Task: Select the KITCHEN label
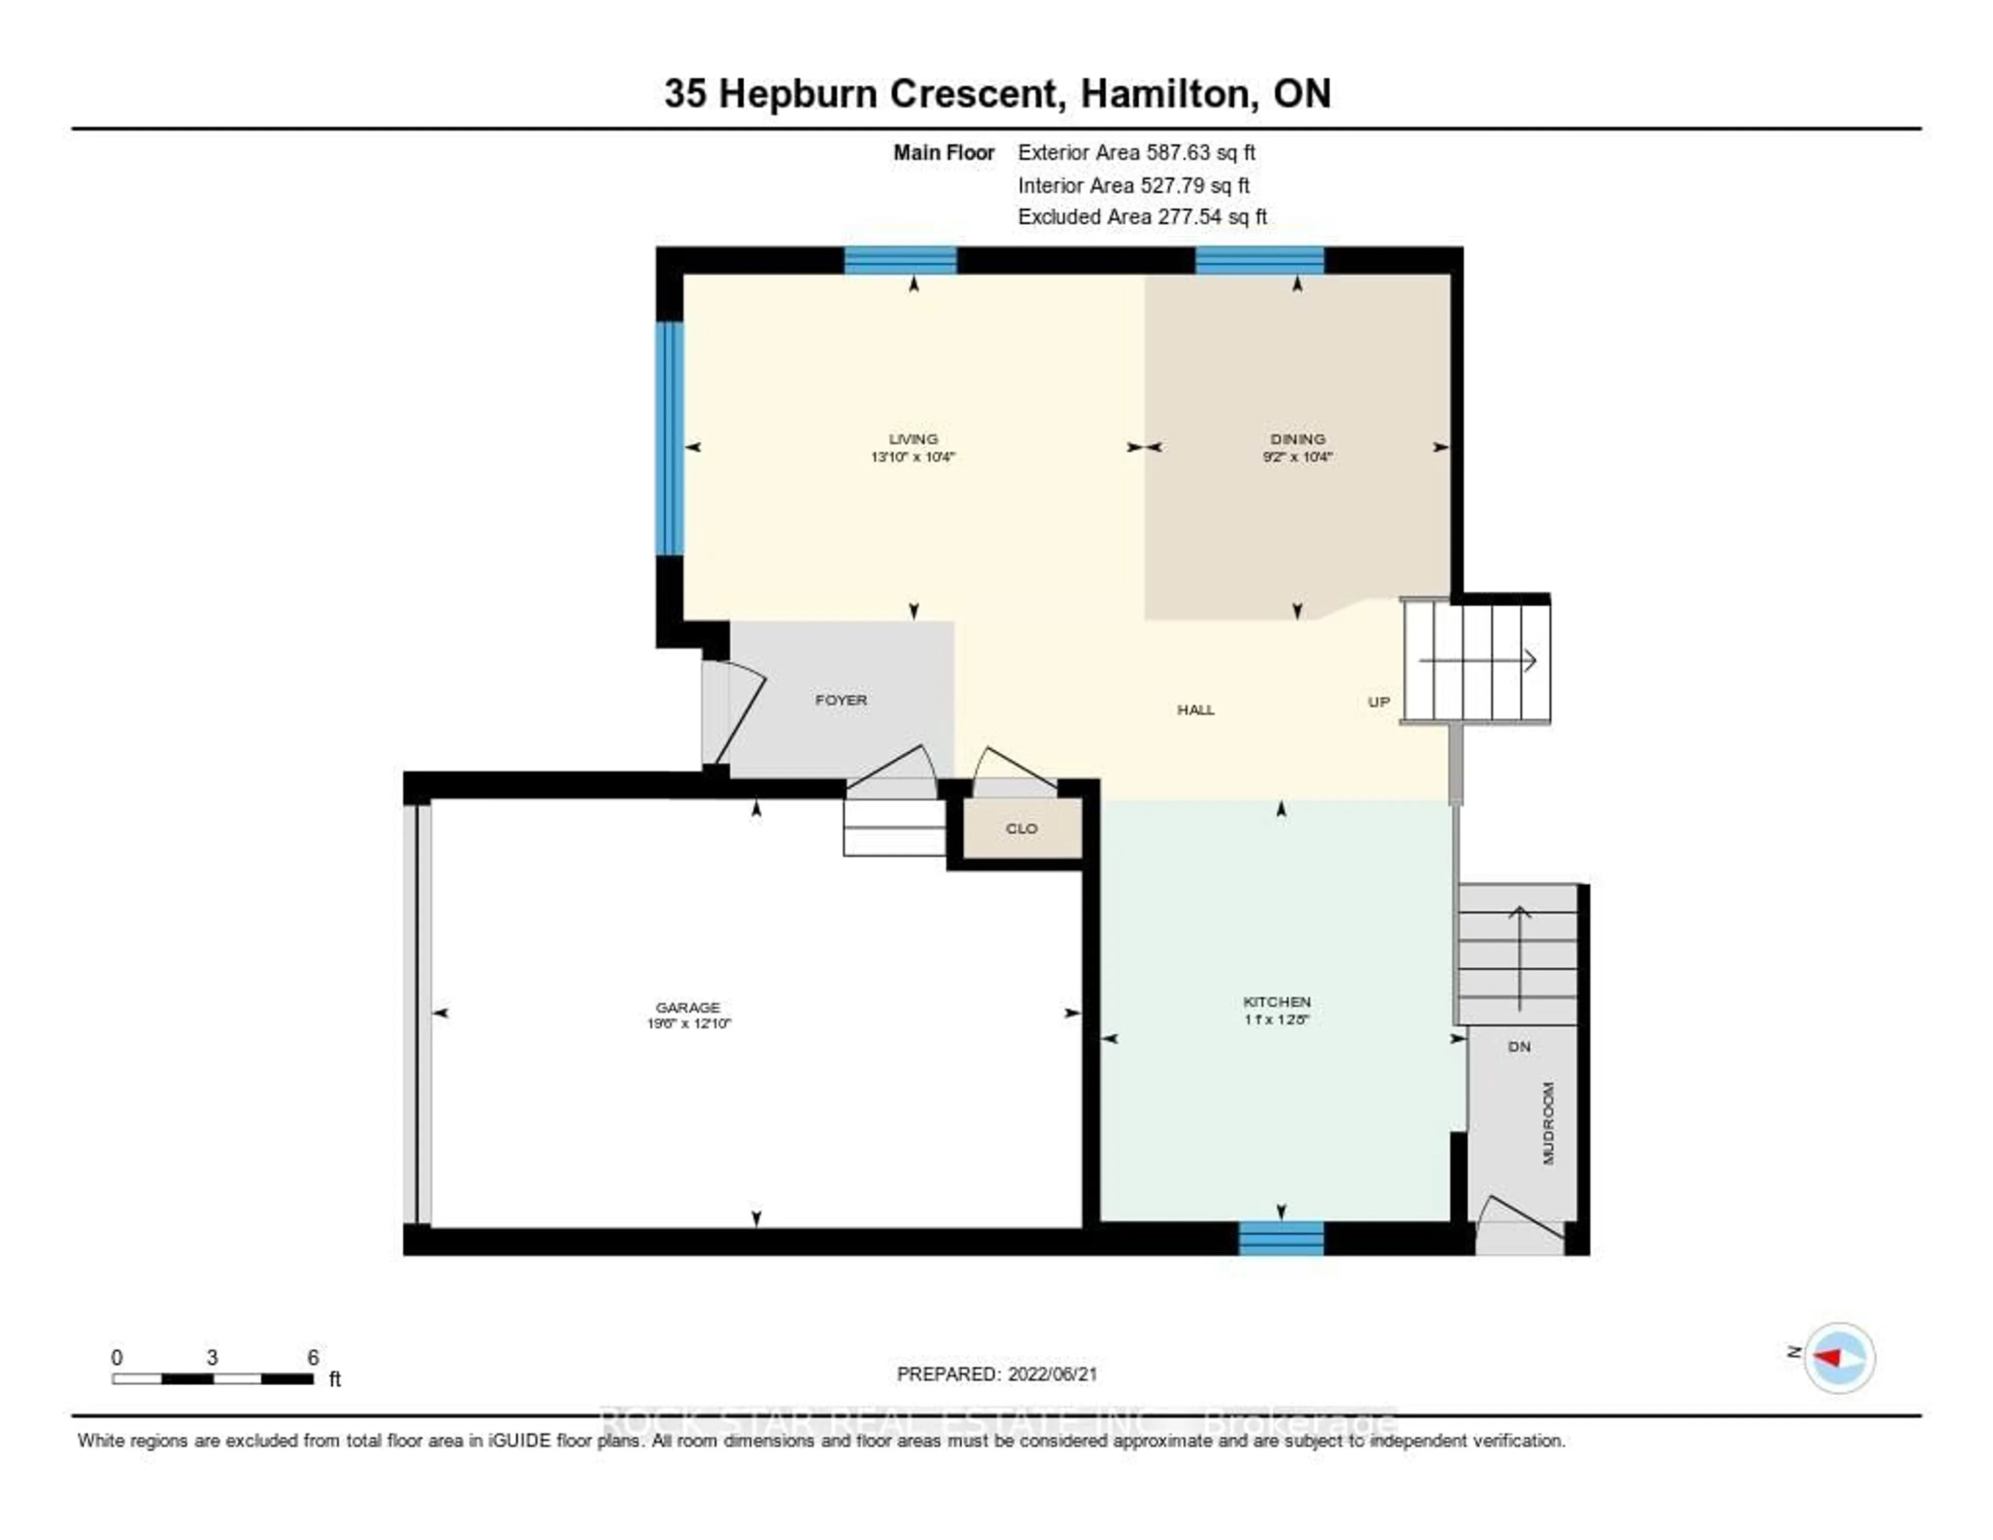[1277, 1002]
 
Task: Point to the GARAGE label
[688, 1007]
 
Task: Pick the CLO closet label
[1021, 828]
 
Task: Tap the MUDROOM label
[1548, 1124]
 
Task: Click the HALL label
[1195, 709]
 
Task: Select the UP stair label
[1379, 701]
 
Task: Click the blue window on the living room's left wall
[670, 438]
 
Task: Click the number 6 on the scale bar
[313, 1357]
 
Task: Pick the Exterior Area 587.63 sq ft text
[1136, 153]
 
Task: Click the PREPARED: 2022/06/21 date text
[996, 1374]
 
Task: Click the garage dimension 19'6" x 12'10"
[689, 1023]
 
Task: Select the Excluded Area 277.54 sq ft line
[1142, 217]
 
